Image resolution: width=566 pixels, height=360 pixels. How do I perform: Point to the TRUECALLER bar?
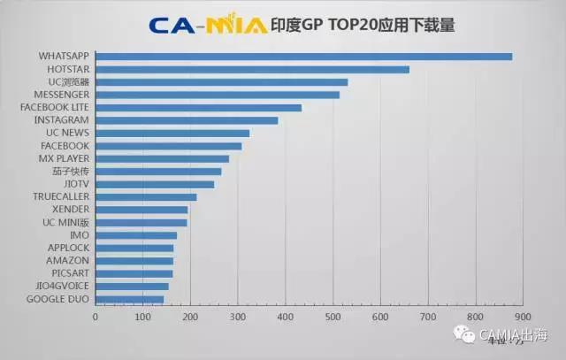click(146, 196)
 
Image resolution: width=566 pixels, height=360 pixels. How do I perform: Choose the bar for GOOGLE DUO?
click(129, 299)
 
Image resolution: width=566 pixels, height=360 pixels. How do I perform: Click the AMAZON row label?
click(68, 261)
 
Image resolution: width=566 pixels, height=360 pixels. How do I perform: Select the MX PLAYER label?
click(64, 158)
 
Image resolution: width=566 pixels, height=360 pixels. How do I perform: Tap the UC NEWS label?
click(68, 133)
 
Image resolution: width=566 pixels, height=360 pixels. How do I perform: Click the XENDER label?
click(71, 210)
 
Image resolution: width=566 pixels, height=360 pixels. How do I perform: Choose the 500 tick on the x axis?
click(333, 316)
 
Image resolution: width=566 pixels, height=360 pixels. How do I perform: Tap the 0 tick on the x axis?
click(96, 316)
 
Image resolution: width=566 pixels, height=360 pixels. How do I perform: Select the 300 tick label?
click(238, 316)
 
